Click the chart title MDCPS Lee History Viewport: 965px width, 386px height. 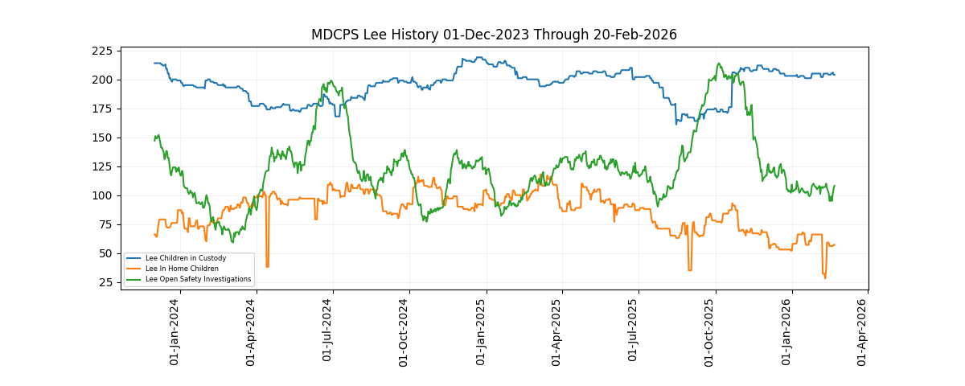tap(494, 35)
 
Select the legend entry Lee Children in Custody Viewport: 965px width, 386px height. tap(185, 258)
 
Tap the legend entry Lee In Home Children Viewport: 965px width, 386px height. tap(182, 269)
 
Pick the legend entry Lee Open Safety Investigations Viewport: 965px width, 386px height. tap(198, 279)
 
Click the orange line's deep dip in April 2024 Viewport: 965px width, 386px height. tap(267, 265)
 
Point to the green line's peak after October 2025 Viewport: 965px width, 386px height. tap(719, 64)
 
